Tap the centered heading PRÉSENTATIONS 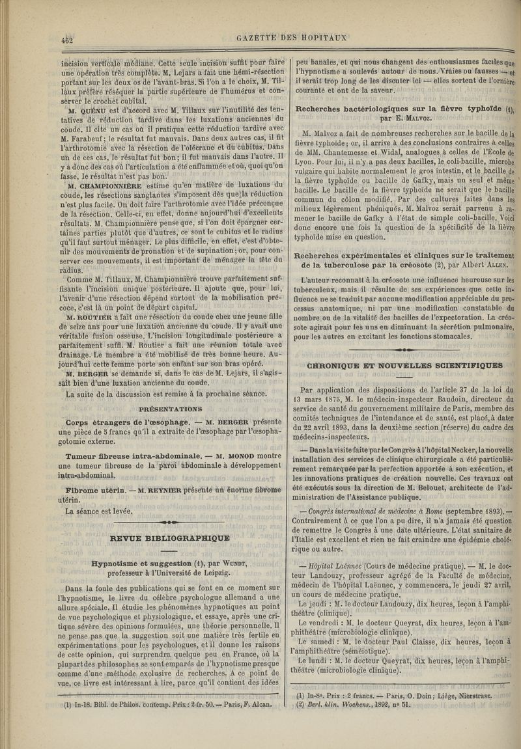coord(170,410)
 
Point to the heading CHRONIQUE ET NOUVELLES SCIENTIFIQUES coord(404,365)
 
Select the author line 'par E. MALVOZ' coord(404,119)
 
